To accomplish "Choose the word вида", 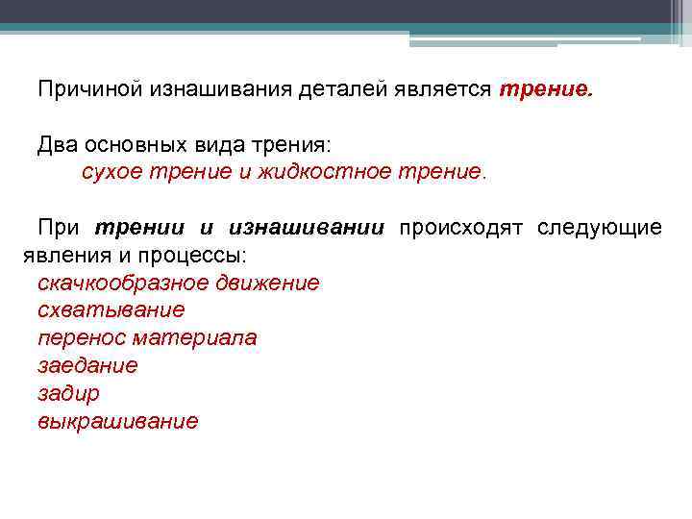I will (x=218, y=145).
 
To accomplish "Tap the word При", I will (x=59, y=228).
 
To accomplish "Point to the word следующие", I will (x=599, y=228).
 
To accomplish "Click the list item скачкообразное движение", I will (x=178, y=283).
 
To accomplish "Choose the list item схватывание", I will (x=111, y=310).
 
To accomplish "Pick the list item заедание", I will (x=87, y=366).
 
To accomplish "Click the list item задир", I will (x=68, y=394).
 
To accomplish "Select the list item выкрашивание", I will (x=118, y=422).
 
